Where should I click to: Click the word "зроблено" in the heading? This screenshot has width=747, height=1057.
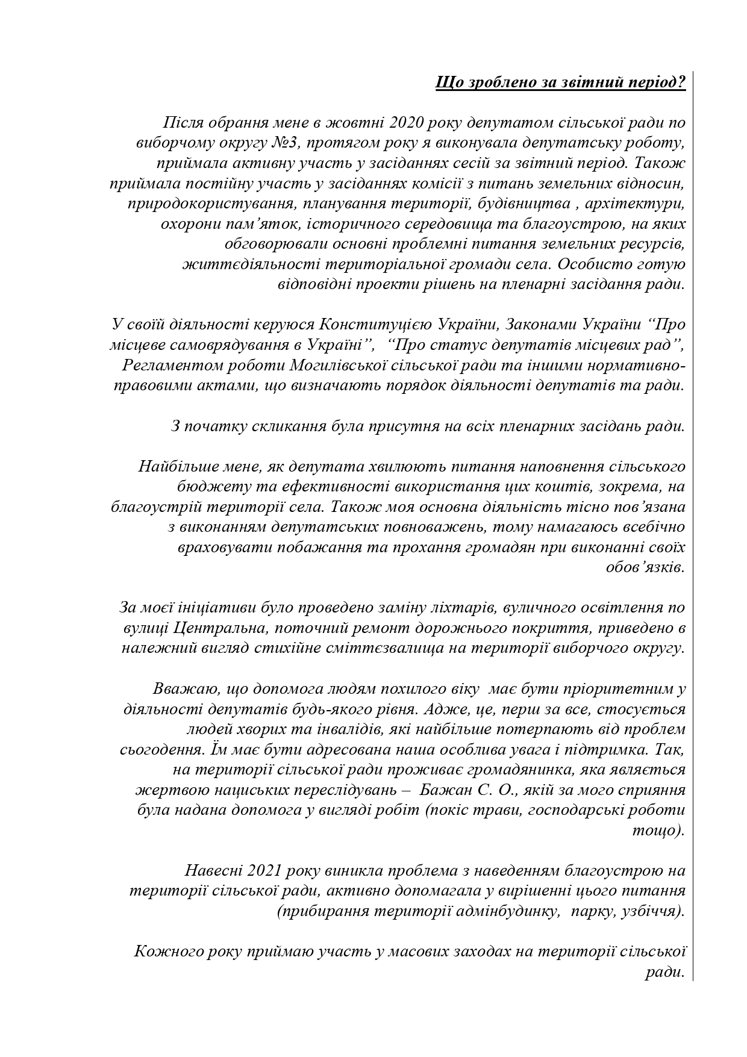[x=493, y=82]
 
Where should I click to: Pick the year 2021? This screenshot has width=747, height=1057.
[x=260, y=871]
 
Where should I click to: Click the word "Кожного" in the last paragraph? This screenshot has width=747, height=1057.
[x=163, y=952]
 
